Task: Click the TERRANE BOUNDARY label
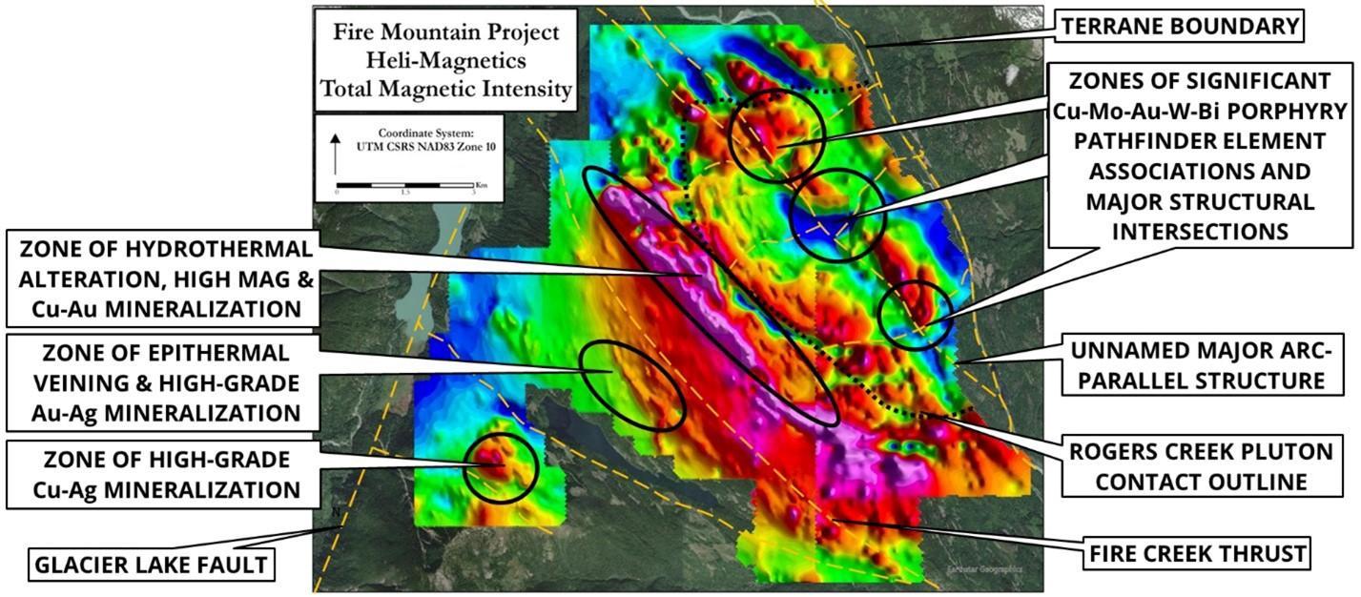coord(1179,27)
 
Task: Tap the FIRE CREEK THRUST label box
coord(1198,553)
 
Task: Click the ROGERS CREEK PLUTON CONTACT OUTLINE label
coord(1200,466)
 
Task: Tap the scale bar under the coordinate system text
coord(405,184)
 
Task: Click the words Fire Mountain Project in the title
coord(445,31)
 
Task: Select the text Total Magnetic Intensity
coord(445,90)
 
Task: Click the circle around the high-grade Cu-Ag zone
coord(501,467)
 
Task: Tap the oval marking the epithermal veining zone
coord(633,384)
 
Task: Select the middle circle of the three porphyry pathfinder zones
coord(838,215)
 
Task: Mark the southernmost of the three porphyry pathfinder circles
coord(916,315)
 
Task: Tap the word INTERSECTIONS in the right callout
coord(1200,232)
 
